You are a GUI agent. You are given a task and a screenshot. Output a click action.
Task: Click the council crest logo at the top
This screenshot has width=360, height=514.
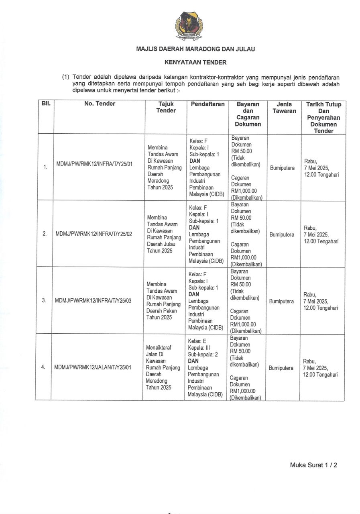click(189, 26)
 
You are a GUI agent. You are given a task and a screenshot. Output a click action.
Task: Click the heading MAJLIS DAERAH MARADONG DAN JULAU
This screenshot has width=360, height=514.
click(195, 49)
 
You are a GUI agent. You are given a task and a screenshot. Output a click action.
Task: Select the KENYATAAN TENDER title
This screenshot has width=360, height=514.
click(195, 62)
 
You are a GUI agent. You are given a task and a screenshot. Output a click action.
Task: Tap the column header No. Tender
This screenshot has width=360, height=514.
click(100, 104)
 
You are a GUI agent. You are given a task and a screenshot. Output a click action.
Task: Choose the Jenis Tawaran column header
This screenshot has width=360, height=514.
click(284, 107)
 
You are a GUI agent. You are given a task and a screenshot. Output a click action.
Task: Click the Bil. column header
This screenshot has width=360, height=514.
click(46, 104)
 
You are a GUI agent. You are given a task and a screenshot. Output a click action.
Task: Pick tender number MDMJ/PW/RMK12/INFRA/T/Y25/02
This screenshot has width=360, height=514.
click(94, 234)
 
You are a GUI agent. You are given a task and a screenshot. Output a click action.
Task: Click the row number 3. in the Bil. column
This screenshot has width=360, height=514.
click(45, 300)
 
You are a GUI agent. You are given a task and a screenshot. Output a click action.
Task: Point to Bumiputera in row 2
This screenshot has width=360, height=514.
click(282, 235)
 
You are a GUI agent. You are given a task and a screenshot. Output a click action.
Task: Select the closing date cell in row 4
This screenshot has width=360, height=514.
click(321, 368)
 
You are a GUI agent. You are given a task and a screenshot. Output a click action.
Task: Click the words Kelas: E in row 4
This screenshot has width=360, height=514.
click(197, 341)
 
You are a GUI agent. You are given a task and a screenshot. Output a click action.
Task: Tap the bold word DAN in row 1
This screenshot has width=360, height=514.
click(195, 161)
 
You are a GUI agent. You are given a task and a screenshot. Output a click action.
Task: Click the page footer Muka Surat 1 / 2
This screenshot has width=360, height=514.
click(313, 465)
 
